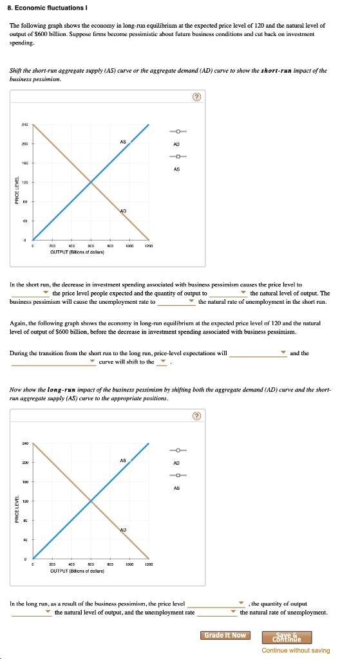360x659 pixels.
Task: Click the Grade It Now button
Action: [225, 635]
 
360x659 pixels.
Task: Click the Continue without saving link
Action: [296, 650]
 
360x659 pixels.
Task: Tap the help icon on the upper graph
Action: [197, 97]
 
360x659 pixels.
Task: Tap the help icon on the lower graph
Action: [197, 416]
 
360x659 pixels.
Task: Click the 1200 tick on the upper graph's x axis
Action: [149, 246]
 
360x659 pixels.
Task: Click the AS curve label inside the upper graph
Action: [122, 142]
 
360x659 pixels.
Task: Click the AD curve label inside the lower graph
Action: [122, 529]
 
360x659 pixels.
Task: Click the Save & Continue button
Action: [287, 637]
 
